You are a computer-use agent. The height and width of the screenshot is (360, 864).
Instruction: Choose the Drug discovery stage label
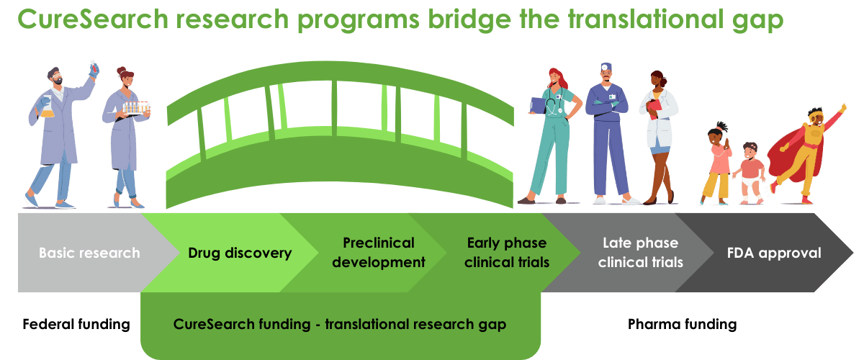point(240,253)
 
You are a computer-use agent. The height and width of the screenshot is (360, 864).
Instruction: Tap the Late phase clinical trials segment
point(640,253)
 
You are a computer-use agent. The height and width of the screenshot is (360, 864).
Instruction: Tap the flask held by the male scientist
point(46,108)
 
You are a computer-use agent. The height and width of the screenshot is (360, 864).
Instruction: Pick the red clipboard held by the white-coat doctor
point(654,108)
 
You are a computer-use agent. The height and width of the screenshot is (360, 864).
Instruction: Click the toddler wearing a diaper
point(751,173)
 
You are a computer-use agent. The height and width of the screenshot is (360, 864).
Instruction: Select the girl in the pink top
point(717,162)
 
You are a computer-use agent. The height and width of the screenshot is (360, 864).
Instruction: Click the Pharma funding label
point(681,325)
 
